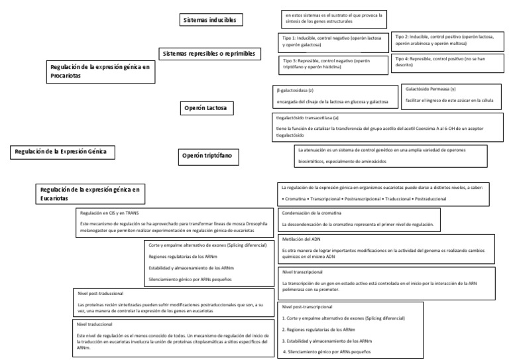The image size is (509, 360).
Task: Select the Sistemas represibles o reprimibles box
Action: [x=209, y=52]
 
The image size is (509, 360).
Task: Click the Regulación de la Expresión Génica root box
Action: [x=61, y=152]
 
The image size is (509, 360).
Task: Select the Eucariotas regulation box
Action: [x=91, y=193]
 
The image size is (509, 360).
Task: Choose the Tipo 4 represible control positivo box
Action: [x=448, y=62]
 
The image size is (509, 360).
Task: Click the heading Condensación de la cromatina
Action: [x=311, y=213]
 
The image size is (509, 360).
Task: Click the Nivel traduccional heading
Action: [x=95, y=324]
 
